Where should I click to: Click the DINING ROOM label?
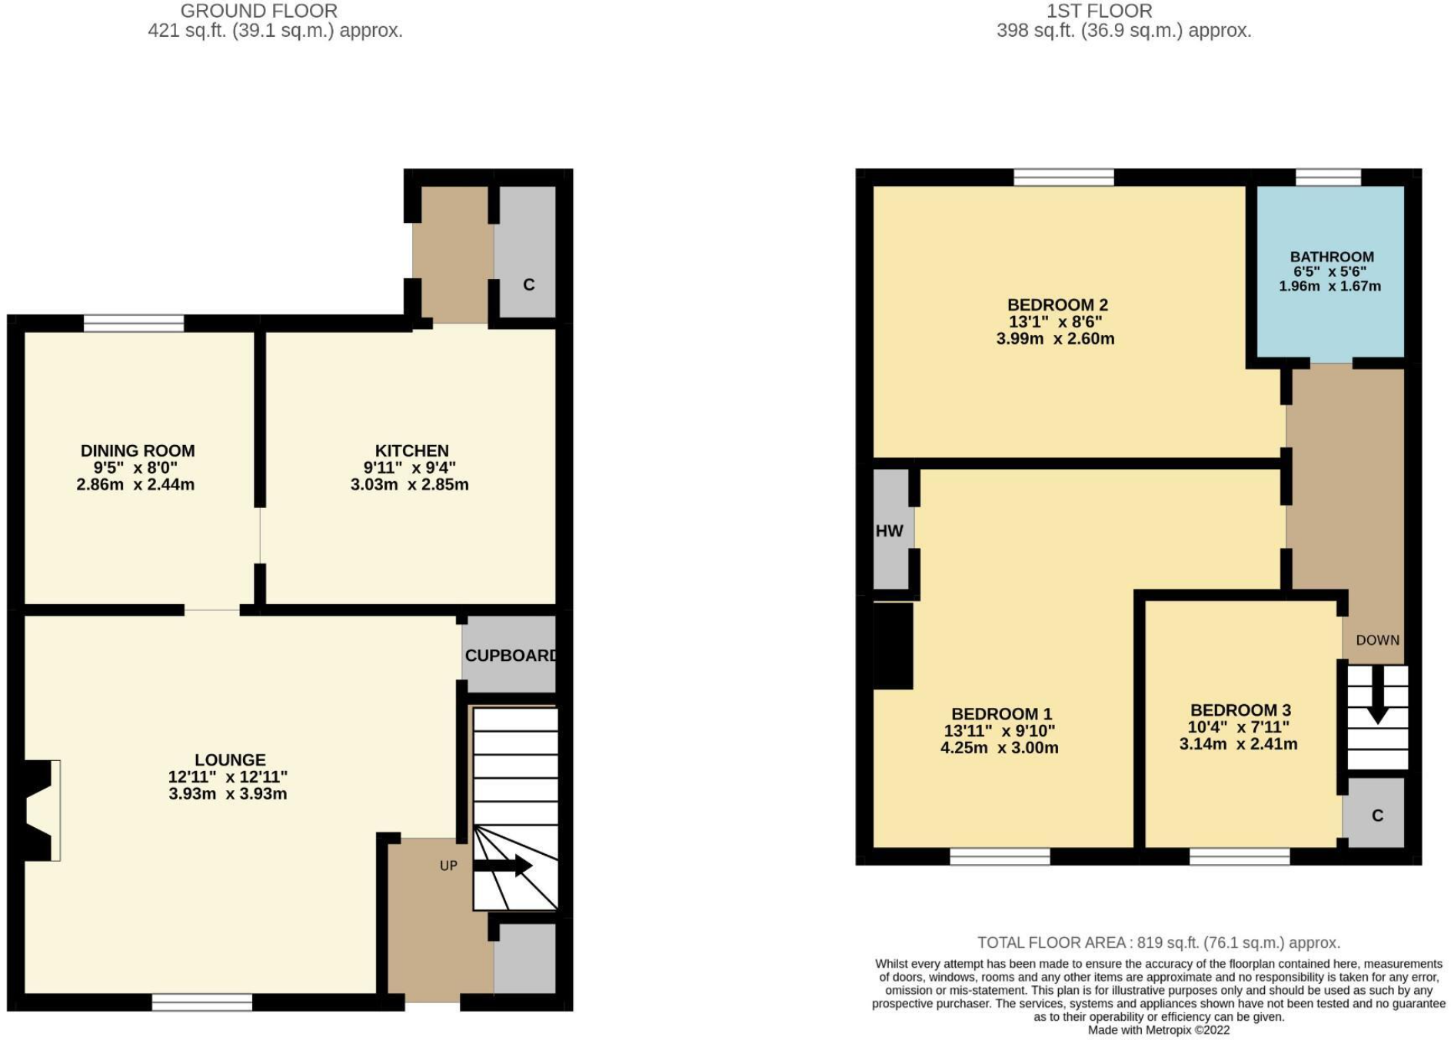click(x=138, y=451)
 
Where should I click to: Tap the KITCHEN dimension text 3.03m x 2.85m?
click(x=409, y=485)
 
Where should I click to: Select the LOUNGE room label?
click(x=230, y=760)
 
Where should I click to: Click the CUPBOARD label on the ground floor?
click(x=510, y=656)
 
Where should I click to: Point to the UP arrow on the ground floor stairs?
click(x=503, y=866)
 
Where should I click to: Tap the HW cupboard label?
click(x=889, y=531)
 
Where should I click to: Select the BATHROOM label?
click(x=1331, y=258)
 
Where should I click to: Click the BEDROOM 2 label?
click(x=1057, y=305)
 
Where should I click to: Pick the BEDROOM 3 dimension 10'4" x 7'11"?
click(x=1238, y=727)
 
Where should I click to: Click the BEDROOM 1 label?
click(x=1001, y=714)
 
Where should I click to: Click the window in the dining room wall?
click(x=134, y=324)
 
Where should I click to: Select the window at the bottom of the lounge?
click(x=201, y=1002)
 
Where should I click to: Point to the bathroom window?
click(x=1328, y=178)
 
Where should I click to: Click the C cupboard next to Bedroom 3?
click(x=1376, y=816)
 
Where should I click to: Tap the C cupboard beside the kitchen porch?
click(x=528, y=284)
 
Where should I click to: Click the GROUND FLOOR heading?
click(x=259, y=12)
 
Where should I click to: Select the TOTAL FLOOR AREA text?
click(x=1158, y=942)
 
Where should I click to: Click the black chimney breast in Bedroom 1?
click(x=893, y=646)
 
